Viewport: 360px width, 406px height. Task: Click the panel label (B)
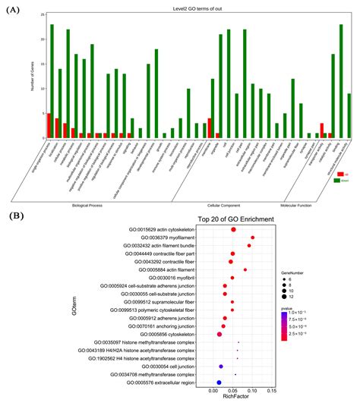pos(14,216)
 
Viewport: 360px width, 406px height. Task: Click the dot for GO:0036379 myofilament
pos(252,238)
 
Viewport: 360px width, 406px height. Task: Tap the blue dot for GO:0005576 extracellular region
pos(219,382)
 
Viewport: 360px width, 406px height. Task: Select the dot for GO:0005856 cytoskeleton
pos(220,334)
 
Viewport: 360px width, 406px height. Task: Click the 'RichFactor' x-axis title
pos(232,401)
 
